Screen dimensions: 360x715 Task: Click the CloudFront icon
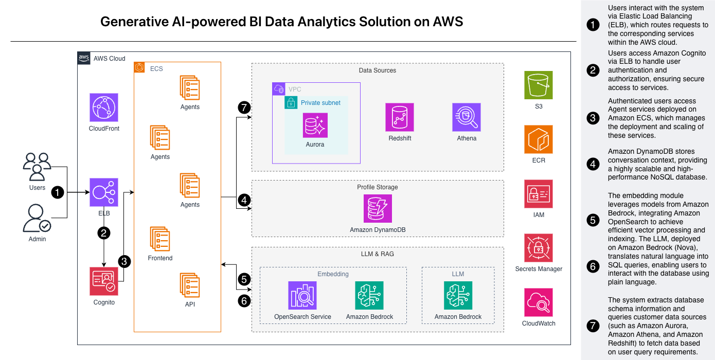[104, 107]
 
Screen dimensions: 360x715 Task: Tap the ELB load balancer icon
[104, 192]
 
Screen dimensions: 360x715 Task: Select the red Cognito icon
[104, 281]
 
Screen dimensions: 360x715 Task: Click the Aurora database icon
[315, 125]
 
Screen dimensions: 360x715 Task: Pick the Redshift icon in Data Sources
[400, 117]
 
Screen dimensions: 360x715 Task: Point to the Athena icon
[467, 117]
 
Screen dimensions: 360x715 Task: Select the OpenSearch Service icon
[302, 295]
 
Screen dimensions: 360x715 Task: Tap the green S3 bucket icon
[539, 85]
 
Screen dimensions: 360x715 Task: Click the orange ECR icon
[539, 139]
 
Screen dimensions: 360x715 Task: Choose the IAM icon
[539, 194]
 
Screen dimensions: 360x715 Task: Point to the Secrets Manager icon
[539, 248]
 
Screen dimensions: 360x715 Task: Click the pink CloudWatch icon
[539, 302]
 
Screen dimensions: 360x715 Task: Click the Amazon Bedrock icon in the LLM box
[458, 295]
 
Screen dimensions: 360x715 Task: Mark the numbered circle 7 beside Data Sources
[244, 108]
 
